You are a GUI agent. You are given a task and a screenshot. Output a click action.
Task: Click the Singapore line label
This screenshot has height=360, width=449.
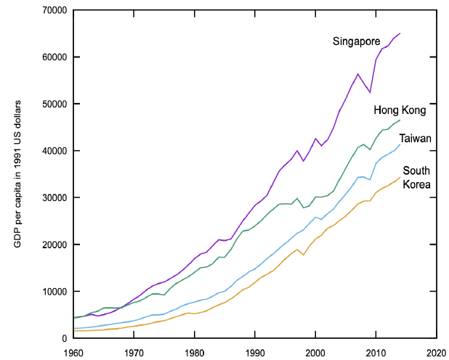(x=356, y=41)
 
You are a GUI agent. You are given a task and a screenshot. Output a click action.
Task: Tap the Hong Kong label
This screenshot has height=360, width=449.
(x=400, y=110)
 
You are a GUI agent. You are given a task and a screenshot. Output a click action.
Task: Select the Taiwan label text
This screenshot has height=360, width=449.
(x=415, y=139)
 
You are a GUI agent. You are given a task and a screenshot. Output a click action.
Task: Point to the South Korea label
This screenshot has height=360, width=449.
(x=416, y=177)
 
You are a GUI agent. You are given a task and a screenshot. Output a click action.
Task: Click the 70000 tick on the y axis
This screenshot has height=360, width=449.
(x=54, y=11)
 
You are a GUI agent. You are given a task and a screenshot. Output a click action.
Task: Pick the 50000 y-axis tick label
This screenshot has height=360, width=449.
(x=54, y=104)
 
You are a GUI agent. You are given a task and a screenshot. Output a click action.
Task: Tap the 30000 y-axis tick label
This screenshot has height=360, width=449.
(x=54, y=197)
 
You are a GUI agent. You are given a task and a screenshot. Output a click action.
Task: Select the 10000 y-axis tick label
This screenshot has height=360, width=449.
(x=54, y=292)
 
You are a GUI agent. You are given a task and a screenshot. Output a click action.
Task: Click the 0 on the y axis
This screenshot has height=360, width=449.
(x=64, y=338)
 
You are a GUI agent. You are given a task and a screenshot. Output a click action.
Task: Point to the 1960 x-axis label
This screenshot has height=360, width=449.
(x=73, y=353)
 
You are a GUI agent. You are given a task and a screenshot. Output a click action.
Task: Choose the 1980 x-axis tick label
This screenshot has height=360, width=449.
(x=195, y=353)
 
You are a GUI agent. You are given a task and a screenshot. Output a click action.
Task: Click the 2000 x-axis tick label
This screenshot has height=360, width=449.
(x=315, y=353)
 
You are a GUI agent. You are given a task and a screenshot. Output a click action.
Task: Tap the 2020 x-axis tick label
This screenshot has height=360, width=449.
(x=437, y=353)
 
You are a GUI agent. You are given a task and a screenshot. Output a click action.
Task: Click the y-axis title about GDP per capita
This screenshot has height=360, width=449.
(x=17, y=174)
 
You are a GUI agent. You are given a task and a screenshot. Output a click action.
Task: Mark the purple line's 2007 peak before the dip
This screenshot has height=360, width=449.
(x=357, y=74)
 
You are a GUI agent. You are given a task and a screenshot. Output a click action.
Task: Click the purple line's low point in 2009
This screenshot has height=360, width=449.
(x=370, y=92)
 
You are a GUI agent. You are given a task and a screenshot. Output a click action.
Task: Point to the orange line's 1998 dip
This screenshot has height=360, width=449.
(x=303, y=255)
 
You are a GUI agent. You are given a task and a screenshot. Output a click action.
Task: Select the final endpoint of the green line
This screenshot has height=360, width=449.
(x=400, y=120)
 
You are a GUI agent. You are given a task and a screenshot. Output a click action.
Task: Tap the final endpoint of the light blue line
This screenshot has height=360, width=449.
(x=400, y=144)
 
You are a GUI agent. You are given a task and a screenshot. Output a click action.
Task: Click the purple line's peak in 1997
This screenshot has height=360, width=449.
(x=297, y=150)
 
